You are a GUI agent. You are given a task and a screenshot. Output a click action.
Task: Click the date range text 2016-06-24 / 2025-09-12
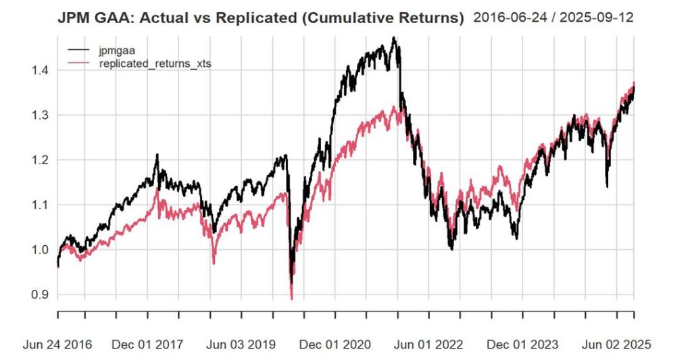563,18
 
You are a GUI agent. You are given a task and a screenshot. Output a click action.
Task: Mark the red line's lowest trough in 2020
292,298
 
